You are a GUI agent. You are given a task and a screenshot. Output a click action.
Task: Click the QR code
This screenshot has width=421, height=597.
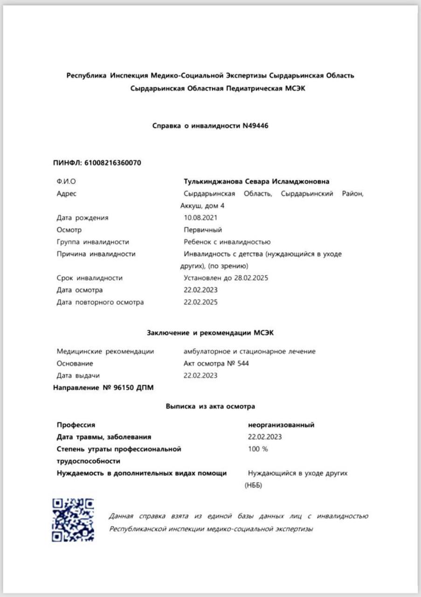(x=73, y=520)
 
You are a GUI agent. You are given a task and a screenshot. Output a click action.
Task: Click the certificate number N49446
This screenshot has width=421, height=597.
(x=255, y=126)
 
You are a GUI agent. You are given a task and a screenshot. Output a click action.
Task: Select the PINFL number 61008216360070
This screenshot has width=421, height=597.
(x=112, y=163)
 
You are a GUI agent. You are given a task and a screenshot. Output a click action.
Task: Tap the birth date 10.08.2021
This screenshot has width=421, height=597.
(x=200, y=217)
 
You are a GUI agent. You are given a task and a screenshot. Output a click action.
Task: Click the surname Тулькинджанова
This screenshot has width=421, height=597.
(x=212, y=181)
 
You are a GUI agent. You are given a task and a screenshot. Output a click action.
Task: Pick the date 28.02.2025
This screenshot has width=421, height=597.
(x=251, y=278)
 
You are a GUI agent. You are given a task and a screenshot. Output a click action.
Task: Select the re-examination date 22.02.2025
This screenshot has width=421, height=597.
(x=200, y=302)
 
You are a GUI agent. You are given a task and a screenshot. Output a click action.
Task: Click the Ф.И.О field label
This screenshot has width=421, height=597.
(x=66, y=181)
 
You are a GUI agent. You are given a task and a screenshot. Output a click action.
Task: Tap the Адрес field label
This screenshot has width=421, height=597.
(x=66, y=194)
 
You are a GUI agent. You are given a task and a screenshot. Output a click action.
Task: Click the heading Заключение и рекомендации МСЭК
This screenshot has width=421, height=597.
(x=210, y=333)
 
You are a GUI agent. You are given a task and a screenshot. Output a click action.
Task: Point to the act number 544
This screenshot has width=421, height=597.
(x=243, y=363)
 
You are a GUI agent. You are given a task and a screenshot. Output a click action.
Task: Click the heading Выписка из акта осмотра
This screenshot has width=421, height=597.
(x=210, y=406)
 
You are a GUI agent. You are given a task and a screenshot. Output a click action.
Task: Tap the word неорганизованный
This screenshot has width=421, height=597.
(x=281, y=425)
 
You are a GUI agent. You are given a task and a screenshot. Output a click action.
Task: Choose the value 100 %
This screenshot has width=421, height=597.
(x=258, y=449)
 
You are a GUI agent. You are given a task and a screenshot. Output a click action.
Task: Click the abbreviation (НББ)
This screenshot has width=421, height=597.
(x=254, y=485)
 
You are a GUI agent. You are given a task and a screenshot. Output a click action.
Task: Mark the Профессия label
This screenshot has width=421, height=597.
(x=76, y=425)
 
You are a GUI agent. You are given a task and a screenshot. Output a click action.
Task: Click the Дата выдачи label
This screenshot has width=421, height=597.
(x=78, y=375)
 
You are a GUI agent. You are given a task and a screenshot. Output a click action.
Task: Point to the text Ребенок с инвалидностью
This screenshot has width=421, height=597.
(x=227, y=242)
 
